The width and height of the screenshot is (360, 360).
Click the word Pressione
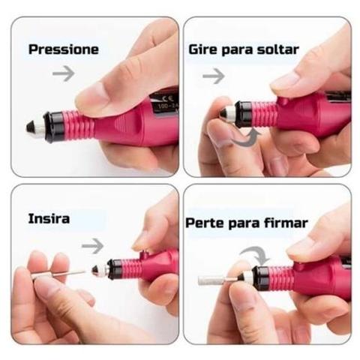tap(64, 49)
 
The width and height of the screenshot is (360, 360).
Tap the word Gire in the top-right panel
tap(203, 49)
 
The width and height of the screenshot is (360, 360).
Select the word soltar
tap(277, 49)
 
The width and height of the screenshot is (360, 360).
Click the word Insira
tap(49, 219)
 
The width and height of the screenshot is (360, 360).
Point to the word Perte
tap(205, 223)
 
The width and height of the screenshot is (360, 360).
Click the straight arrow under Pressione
tap(64, 73)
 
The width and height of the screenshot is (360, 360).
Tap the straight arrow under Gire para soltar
tap(214, 76)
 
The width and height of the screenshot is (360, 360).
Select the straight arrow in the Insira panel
tap(92, 246)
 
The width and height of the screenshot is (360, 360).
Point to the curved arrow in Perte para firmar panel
tap(257, 251)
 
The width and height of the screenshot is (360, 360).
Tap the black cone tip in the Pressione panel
tap(31, 127)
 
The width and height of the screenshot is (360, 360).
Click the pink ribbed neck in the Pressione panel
tap(79, 125)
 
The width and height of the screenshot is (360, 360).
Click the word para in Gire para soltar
tap(237, 50)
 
